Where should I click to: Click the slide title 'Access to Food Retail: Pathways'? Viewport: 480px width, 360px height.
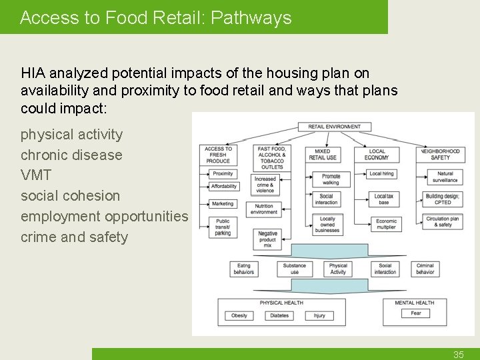pos(156,18)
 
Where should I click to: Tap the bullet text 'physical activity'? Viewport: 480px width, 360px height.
pos(72,135)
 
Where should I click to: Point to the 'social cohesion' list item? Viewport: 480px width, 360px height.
pos(71,196)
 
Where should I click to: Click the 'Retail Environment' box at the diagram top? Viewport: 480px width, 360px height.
pos(335,127)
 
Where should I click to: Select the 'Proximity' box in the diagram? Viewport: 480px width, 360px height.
pos(223,173)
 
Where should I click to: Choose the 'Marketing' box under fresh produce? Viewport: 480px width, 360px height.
pos(223,204)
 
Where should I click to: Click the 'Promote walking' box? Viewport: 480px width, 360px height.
pos(331,179)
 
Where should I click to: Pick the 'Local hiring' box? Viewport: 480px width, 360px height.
pos(381,173)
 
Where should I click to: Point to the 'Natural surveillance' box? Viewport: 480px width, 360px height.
pos(445,177)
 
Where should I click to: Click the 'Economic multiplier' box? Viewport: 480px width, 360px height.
pos(387,225)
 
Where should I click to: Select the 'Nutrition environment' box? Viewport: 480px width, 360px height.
pos(265,209)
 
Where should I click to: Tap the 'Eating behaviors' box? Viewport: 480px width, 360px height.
pos(244,269)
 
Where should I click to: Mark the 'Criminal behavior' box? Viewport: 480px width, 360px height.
pos(425,269)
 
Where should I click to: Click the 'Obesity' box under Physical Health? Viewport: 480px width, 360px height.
pos(239,315)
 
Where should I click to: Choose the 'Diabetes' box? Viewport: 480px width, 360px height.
pos(279,315)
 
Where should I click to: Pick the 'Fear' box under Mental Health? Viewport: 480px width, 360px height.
pos(416,313)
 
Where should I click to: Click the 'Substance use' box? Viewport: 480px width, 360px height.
pos(295,269)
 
